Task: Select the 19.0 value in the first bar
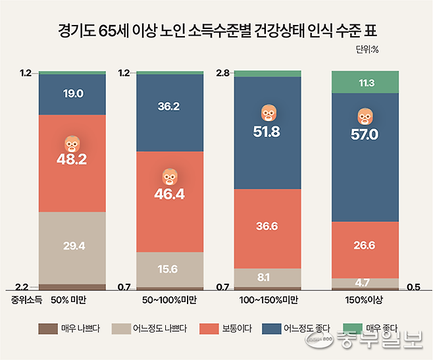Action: [72, 94]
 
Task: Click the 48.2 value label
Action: [72, 160]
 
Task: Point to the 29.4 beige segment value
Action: [72, 246]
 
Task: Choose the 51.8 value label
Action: [267, 132]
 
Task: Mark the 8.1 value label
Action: [267, 277]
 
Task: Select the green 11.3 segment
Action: [365, 82]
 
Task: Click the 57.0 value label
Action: [365, 134]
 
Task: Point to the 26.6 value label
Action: [365, 245]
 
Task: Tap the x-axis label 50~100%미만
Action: [169, 301]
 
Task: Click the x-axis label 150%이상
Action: [365, 301]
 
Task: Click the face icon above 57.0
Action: [365, 116]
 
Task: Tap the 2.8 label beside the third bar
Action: [224, 73]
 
